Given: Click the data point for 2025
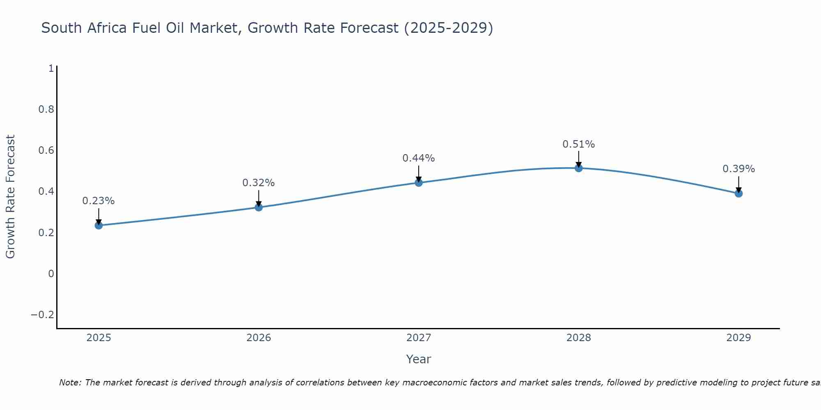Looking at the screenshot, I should point(99,225).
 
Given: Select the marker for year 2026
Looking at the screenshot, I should point(259,207).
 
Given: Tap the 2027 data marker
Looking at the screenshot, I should point(419,182).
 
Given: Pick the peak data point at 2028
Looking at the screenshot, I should point(578,168).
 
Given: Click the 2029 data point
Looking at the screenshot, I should point(738,193).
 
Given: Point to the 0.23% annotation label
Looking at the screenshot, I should point(99,201).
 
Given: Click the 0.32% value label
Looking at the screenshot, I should point(259,183).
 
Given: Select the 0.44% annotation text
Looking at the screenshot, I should point(419,158).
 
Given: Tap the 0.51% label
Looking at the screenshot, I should point(578,144).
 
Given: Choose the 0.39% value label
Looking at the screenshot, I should point(738,169).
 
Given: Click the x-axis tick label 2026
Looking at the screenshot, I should point(259,338).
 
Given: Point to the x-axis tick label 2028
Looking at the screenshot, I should point(578,338).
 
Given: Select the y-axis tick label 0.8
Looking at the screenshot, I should point(46,109).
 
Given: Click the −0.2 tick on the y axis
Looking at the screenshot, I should point(43,315).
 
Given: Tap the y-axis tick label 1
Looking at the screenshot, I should point(51,68).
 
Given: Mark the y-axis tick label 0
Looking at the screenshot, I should point(51,274).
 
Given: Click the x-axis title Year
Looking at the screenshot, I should point(418,360).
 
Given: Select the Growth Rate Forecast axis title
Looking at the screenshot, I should point(10,196).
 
